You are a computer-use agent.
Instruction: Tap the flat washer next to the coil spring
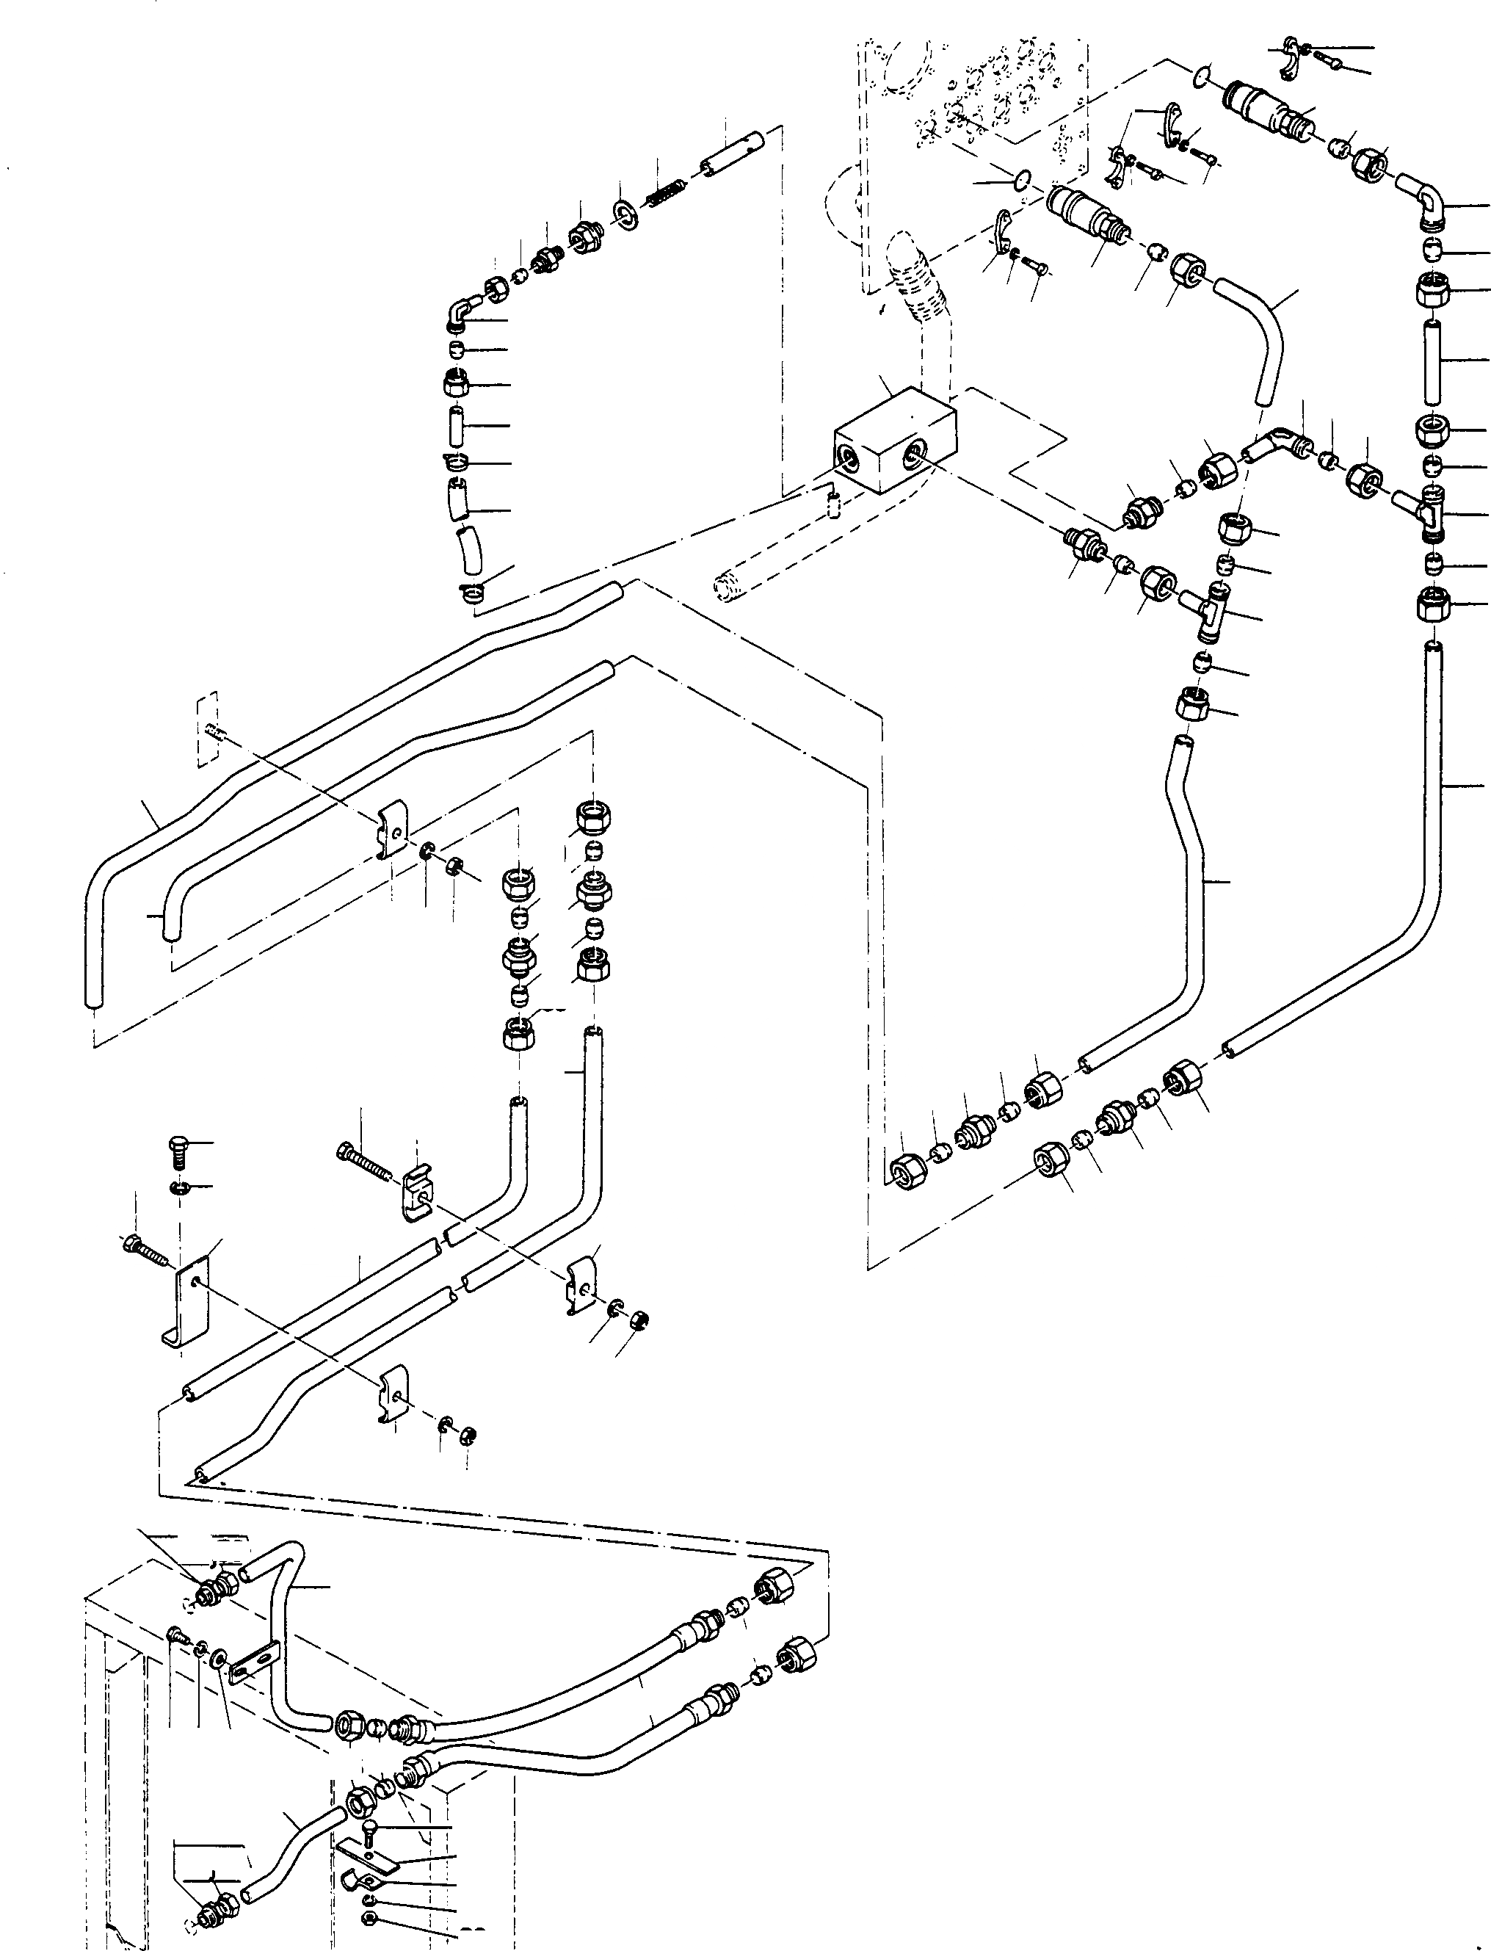(627, 213)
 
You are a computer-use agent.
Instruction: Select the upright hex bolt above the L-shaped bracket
(175, 1154)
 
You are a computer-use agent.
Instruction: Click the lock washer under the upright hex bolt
(177, 1187)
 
